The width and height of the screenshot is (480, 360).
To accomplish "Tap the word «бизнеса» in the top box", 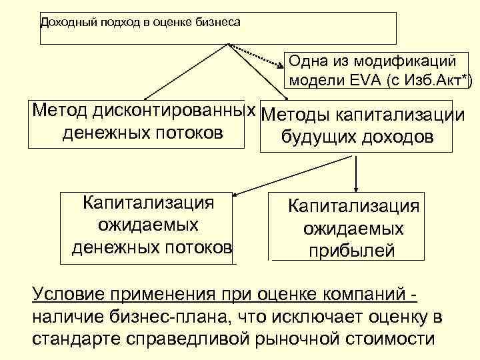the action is point(215,22).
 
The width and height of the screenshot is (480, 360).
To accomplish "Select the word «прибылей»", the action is point(351,251).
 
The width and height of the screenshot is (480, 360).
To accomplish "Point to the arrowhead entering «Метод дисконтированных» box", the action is point(143,97).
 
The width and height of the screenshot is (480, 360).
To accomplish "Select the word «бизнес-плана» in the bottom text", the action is point(156,316).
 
